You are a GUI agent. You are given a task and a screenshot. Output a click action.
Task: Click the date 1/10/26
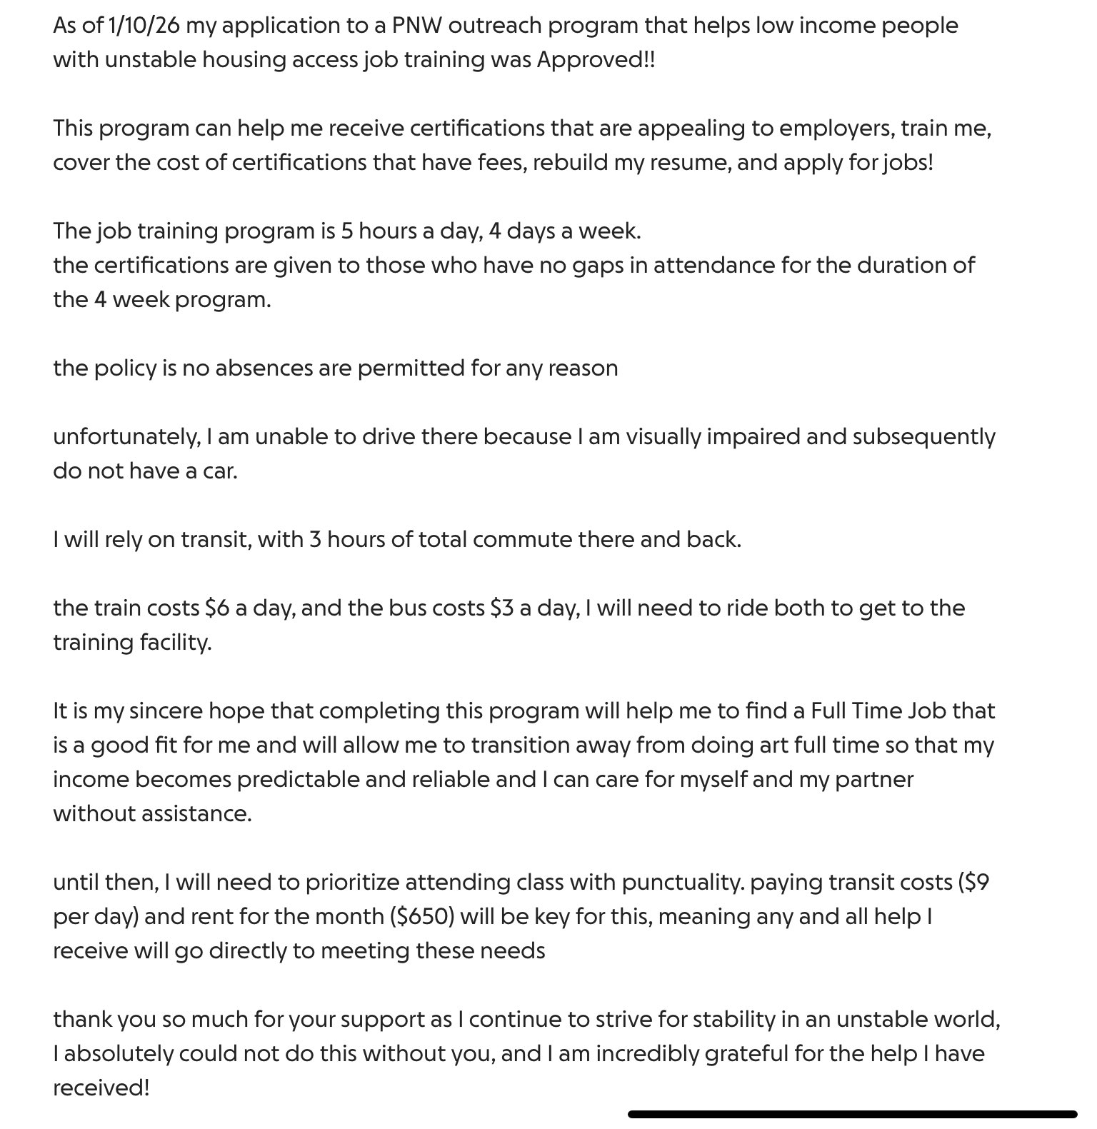click(x=143, y=26)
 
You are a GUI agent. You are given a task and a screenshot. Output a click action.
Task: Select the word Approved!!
click(x=596, y=60)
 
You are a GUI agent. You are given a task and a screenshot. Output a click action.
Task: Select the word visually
click(x=662, y=437)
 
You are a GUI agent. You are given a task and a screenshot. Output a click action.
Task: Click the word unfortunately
click(x=126, y=437)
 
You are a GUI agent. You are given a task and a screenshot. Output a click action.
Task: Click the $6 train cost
click(x=216, y=608)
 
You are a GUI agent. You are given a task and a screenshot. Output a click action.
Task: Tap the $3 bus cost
click(x=503, y=608)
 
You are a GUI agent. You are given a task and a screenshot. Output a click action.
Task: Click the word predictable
click(x=298, y=780)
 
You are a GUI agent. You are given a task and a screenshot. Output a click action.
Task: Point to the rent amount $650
click(x=422, y=917)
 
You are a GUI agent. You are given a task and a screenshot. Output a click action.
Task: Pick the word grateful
click(x=746, y=1054)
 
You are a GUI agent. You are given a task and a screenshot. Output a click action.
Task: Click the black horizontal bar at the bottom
click(x=852, y=1113)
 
